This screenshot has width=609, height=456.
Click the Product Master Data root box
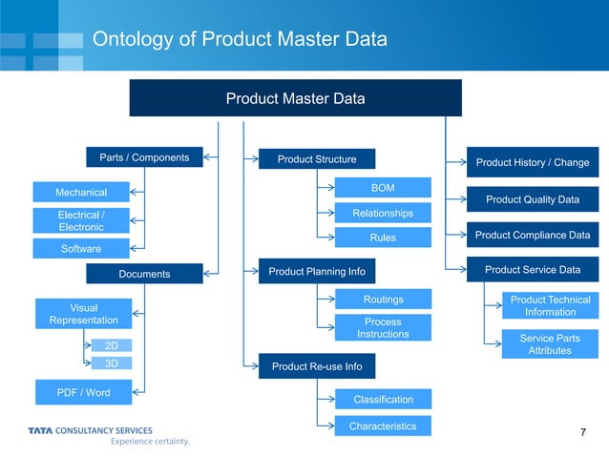295,98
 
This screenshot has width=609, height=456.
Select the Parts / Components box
144,157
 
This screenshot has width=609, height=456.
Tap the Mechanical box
81,192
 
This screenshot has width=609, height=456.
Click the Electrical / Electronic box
81,220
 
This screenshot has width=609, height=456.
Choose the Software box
81,249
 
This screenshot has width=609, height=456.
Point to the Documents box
144,274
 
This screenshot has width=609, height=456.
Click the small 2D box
112,345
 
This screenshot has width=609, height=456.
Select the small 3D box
112,363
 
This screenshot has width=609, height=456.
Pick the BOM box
383,188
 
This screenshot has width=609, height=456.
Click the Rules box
383,237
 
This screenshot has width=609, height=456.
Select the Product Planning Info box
317,272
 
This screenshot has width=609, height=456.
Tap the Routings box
383,300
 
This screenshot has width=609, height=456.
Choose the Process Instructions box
383,327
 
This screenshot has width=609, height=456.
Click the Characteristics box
383,425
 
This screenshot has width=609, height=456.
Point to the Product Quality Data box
532,199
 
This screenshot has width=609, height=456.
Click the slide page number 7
582,434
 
